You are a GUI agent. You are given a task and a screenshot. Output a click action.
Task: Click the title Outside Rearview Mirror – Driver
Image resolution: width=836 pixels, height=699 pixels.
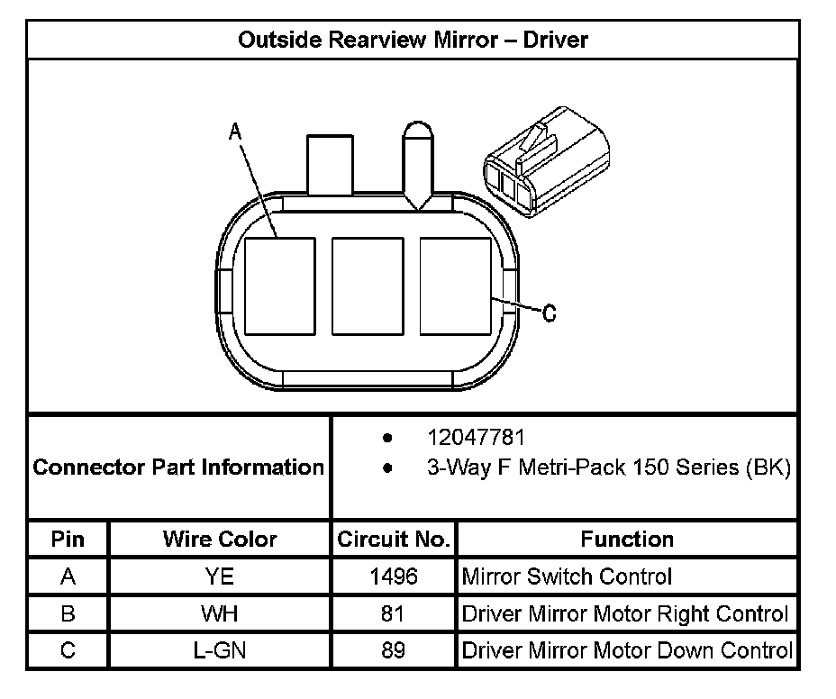pyautogui.click(x=413, y=40)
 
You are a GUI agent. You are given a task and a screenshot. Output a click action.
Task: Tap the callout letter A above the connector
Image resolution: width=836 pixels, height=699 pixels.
pyautogui.click(x=235, y=132)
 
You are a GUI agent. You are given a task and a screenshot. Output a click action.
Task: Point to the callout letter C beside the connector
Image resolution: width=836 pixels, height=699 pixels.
pyautogui.click(x=550, y=313)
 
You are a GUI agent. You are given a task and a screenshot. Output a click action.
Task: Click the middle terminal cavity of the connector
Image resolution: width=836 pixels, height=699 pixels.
pyautogui.click(x=368, y=285)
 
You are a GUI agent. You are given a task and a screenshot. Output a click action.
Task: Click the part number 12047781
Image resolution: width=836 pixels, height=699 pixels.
pyautogui.click(x=476, y=438)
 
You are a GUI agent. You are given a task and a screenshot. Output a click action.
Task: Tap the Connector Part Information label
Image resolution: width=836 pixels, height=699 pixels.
pyautogui.click(x=178, y=468)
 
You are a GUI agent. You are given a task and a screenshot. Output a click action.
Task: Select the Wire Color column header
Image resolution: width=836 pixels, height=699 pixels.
pyautogui.click(x=220, y=540)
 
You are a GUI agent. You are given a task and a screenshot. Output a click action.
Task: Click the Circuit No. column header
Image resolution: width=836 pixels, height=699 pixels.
pyautogui.click(x=393, y=540)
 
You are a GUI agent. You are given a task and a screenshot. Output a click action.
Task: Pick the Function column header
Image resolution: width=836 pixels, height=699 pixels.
pyautogui.click(x=627, y=540)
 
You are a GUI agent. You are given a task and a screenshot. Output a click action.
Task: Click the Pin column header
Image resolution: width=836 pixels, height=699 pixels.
pyautogui.click(x=68, y=540)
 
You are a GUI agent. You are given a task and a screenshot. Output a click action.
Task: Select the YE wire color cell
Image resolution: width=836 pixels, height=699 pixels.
pyautogui.click(x=220, y=576)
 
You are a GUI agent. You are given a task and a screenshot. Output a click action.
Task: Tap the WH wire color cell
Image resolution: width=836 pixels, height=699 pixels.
pyautogui.click(x=220, y=614)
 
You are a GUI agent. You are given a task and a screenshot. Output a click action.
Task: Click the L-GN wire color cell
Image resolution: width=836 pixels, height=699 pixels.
pyautogui.click(x=220, y=650)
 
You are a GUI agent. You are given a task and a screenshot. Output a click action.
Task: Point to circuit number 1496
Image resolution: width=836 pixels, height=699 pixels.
pyautogui.click(x=394, y=576)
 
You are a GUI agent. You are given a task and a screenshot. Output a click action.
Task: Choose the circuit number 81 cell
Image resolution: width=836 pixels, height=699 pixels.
pyautogui.click(x=394, y=614)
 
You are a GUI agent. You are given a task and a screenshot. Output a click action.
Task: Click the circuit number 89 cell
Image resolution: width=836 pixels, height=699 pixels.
pyautogui.click(x=394, y=650)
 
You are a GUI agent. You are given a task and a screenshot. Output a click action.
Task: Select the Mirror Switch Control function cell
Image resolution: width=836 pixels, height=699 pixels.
pyautogui.click(x=567, y=576)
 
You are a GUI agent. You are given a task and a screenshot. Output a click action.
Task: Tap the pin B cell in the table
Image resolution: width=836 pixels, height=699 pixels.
pyautogui.click(x=68, y=614)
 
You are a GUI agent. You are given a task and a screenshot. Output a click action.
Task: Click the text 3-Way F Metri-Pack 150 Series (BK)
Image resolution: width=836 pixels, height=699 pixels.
pyautogui.click(x=608, y=468)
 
